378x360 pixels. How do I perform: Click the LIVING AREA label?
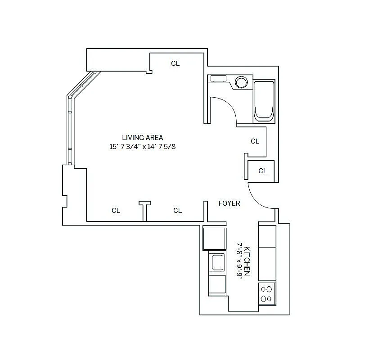tap(142, 138)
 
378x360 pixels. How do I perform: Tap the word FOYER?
tap(229, 203)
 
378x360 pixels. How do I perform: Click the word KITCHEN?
tap(247, 261)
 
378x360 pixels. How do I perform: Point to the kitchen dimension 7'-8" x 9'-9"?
tap(239, 261)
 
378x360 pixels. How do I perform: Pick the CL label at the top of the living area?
tap(175, 63)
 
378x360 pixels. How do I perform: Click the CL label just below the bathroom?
tap(255, 141)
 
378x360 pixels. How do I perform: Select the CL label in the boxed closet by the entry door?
tap(262, 171)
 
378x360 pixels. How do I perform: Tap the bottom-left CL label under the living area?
tap(116, 210)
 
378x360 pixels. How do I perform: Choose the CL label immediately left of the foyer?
tap(177, 210)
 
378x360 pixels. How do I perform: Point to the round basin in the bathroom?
tap(241, 82)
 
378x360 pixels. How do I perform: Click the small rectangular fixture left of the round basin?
tap(219, 79)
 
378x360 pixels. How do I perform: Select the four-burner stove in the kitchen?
tap(266, 294)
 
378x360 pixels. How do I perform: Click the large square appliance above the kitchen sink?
tap(214, 238)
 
